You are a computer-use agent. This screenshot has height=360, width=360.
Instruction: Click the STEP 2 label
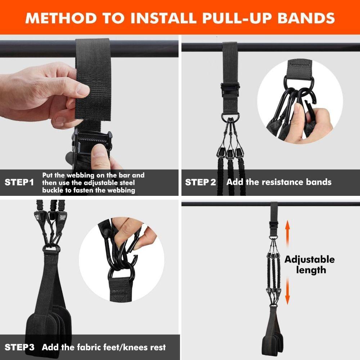coord(201,182)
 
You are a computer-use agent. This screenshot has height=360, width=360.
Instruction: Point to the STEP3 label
coord(20,347)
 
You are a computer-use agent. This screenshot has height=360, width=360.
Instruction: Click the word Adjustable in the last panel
coord(310,260)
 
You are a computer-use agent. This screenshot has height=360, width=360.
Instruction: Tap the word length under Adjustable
coord(311,270)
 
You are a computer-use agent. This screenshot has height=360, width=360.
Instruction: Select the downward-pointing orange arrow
coord(287,292)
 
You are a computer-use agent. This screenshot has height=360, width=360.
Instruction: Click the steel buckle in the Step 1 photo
coord(92,142)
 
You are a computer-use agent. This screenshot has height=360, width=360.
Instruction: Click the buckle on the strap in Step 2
coord(229,88)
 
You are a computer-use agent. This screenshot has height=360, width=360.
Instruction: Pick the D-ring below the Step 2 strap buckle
coord(229,117)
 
